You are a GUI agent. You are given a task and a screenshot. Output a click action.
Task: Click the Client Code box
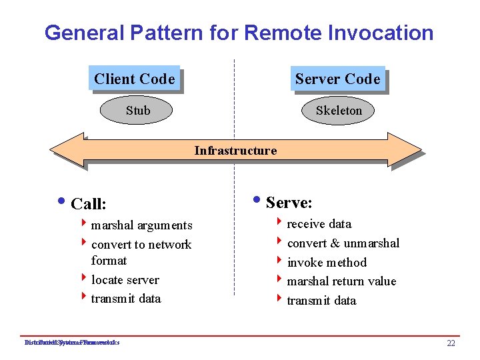(x=135, y=79)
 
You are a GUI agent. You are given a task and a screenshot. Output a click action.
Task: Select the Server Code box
(x=337, y=79)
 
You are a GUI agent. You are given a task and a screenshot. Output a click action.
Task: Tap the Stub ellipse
(x=137, y=111)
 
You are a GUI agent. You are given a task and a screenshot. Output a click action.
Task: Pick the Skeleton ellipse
(x=339, y=111)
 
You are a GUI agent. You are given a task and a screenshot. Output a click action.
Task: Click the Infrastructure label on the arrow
(x=235, y=151)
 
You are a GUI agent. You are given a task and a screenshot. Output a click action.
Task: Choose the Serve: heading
(x=289, y=202)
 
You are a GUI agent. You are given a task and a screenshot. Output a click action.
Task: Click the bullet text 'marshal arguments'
(x=141, y=225)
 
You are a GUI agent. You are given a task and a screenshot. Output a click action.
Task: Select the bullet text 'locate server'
(x=125, y=280)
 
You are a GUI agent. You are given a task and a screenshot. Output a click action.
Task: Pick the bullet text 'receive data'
(x=319, y=224)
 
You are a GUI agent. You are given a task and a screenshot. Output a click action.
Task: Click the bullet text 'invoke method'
(x=327, y=263)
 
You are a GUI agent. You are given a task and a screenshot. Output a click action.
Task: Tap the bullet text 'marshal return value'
(x=341, y=281)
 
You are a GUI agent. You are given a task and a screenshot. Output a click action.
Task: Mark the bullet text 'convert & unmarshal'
(x=343, y=243)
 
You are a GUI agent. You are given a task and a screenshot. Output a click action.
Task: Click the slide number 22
(x=451, y=343)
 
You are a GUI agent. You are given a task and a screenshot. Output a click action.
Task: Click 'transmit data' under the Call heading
(x=126, y=299)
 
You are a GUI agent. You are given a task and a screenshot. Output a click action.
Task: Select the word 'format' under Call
(x=109, y=261)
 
